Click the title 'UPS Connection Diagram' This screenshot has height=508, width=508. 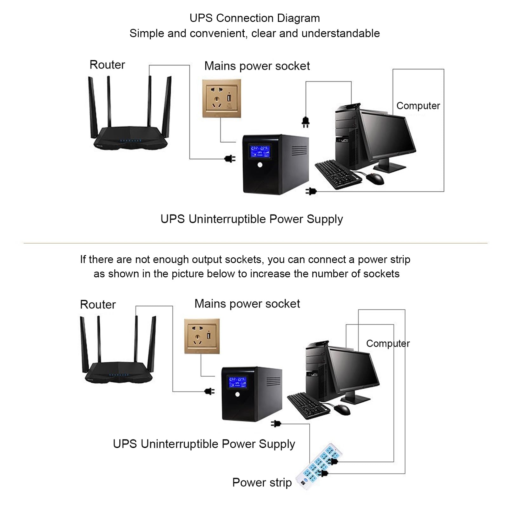(x=254, y=18)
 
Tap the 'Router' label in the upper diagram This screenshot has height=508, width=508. (x=107, y=65)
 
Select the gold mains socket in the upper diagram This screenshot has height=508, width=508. (x=221, y=98)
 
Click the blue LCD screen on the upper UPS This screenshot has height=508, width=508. (x=260, y=151)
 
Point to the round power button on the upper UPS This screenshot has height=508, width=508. (x=260, y=165)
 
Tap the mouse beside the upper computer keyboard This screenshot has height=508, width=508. (x=375, y=179)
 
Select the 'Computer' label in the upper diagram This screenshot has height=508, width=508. (x=418, y=106)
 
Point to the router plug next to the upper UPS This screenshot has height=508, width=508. (x=230, y=158)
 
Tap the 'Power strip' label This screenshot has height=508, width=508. (x=262, y=483)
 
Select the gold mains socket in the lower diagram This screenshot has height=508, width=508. (x=202, y=336)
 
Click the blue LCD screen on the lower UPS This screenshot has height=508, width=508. (x=238, y=382)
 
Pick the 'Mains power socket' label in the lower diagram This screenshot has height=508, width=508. (x=247, y=304)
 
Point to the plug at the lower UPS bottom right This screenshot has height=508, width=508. (x=276, y=423)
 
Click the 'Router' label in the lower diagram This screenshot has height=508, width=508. (x=98, y=305)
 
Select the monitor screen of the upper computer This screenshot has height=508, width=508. (x=387, y=135)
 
